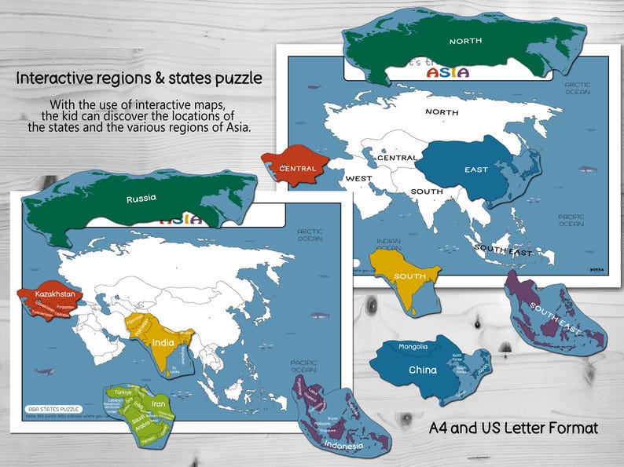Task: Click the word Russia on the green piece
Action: (141, 199)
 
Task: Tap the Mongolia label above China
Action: (413, 347)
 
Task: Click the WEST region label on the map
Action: (358, 178)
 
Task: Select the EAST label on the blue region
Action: (475, 170)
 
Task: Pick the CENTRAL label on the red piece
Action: (297, 168)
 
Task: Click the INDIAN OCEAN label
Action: (388, 245)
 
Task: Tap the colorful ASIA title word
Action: (446, 73)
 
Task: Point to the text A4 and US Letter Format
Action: (513, 429)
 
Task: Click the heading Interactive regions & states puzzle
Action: (139, 79)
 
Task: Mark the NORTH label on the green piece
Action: (465, 41)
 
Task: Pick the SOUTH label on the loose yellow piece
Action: (410, 276)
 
